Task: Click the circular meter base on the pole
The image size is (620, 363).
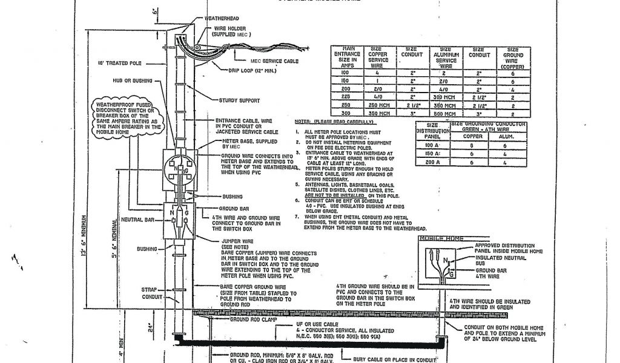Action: [x=179, y=167]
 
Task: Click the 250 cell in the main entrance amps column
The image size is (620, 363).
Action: [x=347, y=106]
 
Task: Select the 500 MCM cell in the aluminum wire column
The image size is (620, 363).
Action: [x=446, y=114]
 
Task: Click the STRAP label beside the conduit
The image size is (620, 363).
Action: [x=149, y=290]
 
